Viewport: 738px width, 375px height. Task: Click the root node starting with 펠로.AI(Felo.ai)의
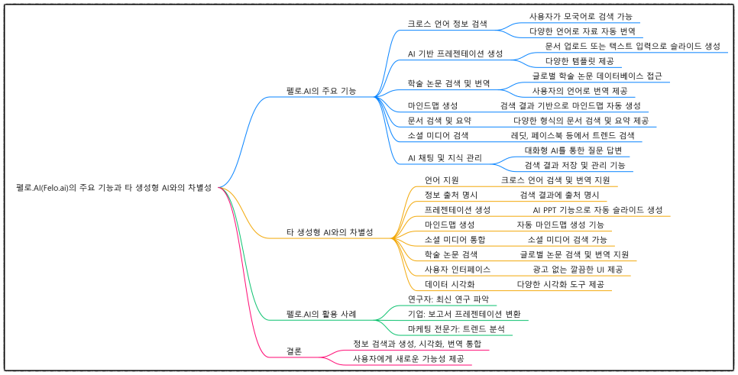(x=113, y=187)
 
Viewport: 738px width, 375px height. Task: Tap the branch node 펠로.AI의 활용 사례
(x=321, y=314)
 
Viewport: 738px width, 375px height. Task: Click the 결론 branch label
(x=294, y=351)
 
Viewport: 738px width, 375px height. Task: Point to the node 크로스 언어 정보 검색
(x=448, y=24)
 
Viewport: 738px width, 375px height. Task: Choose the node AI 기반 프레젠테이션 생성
(x=455, y=54)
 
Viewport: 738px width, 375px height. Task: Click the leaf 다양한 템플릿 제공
(x=578, y=60)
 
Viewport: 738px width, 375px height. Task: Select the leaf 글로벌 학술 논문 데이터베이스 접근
(x=597, y=76)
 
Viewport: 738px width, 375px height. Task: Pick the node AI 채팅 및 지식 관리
(x=445, y=158)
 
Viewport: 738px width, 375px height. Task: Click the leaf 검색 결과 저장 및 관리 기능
(x=575, y=165)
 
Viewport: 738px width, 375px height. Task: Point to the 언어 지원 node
(x=442, y=180)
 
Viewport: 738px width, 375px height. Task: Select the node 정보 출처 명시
(x=451, y=195)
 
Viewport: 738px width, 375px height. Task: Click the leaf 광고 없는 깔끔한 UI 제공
(x=578, y=269)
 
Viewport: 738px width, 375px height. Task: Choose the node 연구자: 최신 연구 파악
(x=448, y=299)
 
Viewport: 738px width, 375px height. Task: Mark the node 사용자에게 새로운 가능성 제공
(x=408, y=358)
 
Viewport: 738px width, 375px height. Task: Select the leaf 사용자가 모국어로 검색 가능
(x=581, y=17)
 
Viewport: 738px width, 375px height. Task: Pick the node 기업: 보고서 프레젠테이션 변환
(x=464, y=314)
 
